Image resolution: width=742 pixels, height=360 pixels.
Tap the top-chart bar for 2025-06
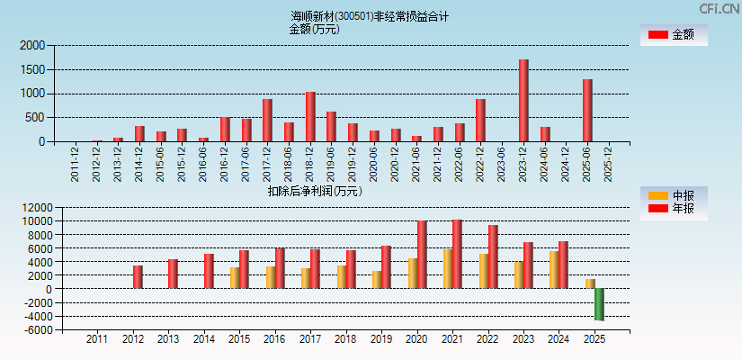click(x=587, y=111)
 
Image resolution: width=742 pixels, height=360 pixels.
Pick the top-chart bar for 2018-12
click(x=310, y=117)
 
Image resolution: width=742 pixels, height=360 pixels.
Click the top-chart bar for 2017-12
click(x=267, y=121)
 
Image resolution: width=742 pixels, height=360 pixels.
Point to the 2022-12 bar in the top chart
click(x=480, y=121)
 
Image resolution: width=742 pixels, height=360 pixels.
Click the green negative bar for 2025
click(x=599, y=304)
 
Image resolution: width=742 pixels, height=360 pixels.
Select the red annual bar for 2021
click(x=457, y=254)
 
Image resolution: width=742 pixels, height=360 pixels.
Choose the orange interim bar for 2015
click(x=235, y=278)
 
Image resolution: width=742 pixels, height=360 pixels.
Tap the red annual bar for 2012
click(x=138, y=277)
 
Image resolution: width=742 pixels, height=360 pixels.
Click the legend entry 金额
click(x=674, y=35)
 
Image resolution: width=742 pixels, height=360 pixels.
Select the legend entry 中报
click(x=674, y=195)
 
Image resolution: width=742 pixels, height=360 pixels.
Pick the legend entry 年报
click(x=674, y=209)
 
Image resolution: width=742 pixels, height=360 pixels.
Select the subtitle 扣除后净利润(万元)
click(x=315, y=191)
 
